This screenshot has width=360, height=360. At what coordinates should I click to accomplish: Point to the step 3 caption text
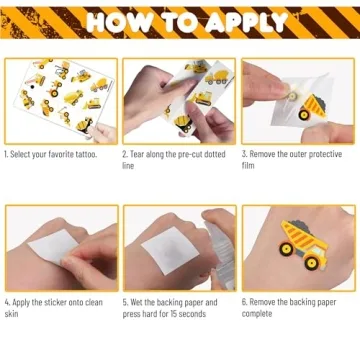(297, 160)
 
